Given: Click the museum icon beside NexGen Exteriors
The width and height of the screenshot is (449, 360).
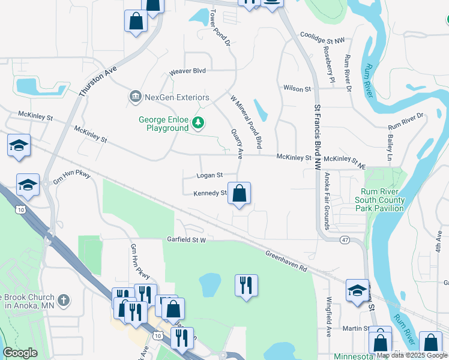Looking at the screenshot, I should point(135,97).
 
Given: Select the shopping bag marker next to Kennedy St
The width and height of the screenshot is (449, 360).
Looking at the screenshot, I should point(239,194).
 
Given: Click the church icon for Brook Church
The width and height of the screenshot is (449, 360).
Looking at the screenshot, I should point(64,299).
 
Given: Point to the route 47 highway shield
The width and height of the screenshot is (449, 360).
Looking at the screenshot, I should point(345,239).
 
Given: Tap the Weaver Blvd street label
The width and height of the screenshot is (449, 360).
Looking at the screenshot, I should point(187,71).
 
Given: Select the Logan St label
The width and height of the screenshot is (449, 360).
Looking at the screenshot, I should point(210,175).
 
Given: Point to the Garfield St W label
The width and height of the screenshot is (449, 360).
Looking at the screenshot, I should point(186,240).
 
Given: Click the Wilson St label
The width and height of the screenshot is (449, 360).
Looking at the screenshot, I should point(297,89).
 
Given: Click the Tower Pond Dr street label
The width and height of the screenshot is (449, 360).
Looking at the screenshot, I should point(220,28).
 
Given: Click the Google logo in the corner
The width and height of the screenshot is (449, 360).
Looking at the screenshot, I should point(20,353).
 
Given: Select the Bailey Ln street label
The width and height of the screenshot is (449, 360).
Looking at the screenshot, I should point(390,146).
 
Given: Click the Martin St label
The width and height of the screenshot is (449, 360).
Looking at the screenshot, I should point(357,328).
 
